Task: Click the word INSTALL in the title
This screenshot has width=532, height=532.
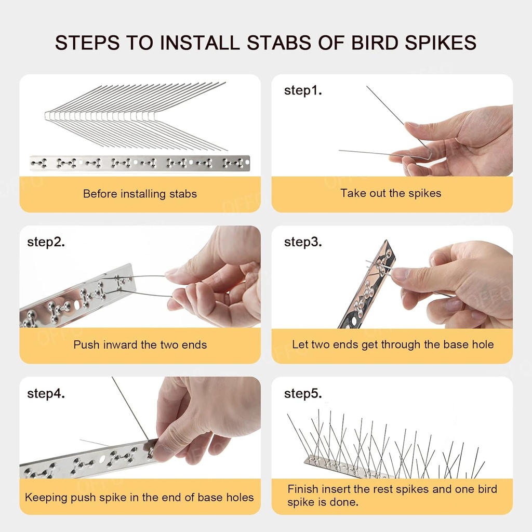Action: [200, 43]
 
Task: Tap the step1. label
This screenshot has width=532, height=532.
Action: [303, 90]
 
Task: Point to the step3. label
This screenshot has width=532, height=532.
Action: [303, 242]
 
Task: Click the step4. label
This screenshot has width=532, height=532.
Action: [46, 393]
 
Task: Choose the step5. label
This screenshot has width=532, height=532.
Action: [303, 393]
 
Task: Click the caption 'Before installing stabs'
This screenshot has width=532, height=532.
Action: [140, 194]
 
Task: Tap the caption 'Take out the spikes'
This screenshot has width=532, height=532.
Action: [391, 193]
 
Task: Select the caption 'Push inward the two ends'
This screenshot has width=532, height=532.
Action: [140, 345]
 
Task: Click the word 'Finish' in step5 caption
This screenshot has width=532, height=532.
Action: [303, 489]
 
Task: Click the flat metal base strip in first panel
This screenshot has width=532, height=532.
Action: [140, 163]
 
